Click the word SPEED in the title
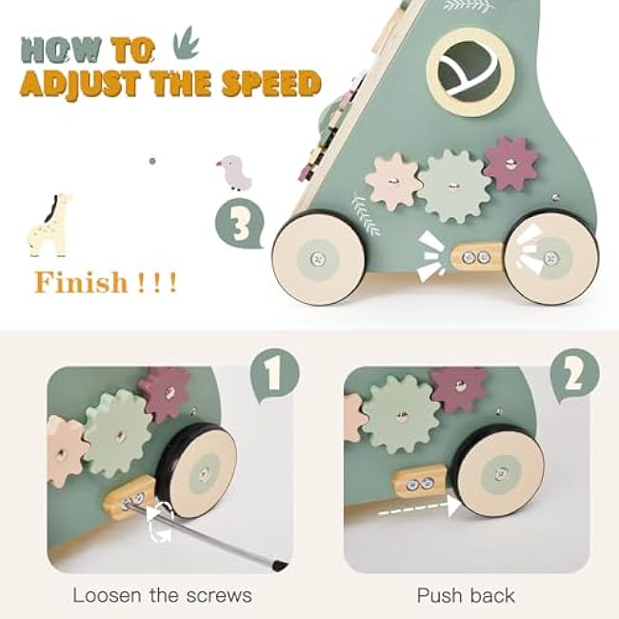click(271, 84)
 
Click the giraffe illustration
click(50, 225)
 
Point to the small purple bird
click(234, 172)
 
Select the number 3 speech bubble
click(240, 224)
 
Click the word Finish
click(81, 282)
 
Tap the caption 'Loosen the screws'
click(162, 595)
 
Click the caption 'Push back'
click(466, 595)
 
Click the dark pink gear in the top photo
click(511, 164)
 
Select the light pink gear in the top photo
click(393, 181)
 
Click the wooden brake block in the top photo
click(477, 257)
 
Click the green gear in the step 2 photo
click(401, 414)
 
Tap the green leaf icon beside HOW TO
click(186, 43)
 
